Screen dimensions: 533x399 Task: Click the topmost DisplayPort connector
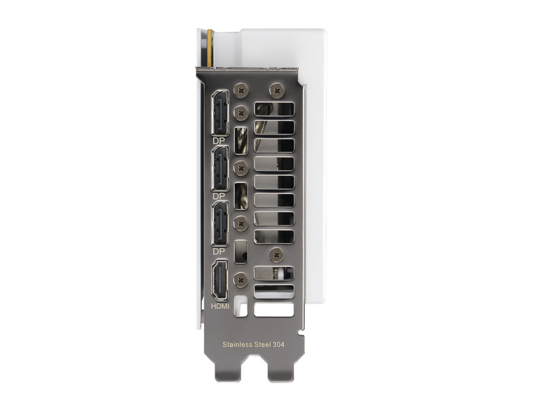coord(220,113)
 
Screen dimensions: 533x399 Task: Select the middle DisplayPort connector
coord(220,169)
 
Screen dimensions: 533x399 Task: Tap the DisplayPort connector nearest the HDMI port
coord(220,224)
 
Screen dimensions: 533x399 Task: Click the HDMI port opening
coord(220,280)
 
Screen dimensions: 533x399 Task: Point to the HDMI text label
coord(220,306)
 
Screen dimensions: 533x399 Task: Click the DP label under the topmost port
coord(219,141)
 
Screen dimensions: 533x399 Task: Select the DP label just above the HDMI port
coord(219,252)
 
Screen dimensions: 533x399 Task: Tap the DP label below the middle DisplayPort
coord(219,196)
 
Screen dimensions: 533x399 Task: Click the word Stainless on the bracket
coord(237,344)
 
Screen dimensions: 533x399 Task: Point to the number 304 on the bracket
coord(278,344)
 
